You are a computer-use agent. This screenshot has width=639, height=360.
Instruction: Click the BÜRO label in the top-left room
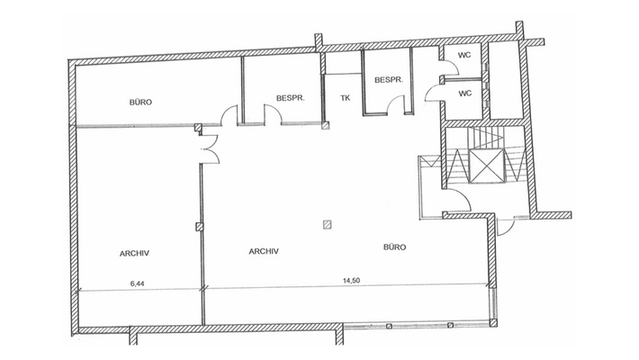click(x=140, y=103)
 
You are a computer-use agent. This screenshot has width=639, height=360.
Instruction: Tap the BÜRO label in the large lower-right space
click(x=394, y=247)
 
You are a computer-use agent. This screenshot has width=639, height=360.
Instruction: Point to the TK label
click(x=345, y=98)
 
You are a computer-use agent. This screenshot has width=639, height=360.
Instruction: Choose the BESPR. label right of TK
click(x=388, y=78)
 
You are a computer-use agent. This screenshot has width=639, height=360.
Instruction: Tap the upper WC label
click(x=465, y=55)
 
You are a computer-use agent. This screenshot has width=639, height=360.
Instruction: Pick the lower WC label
click(x=465, y=93)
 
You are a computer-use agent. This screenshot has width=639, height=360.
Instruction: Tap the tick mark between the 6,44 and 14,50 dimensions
click(x=203, y=289)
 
